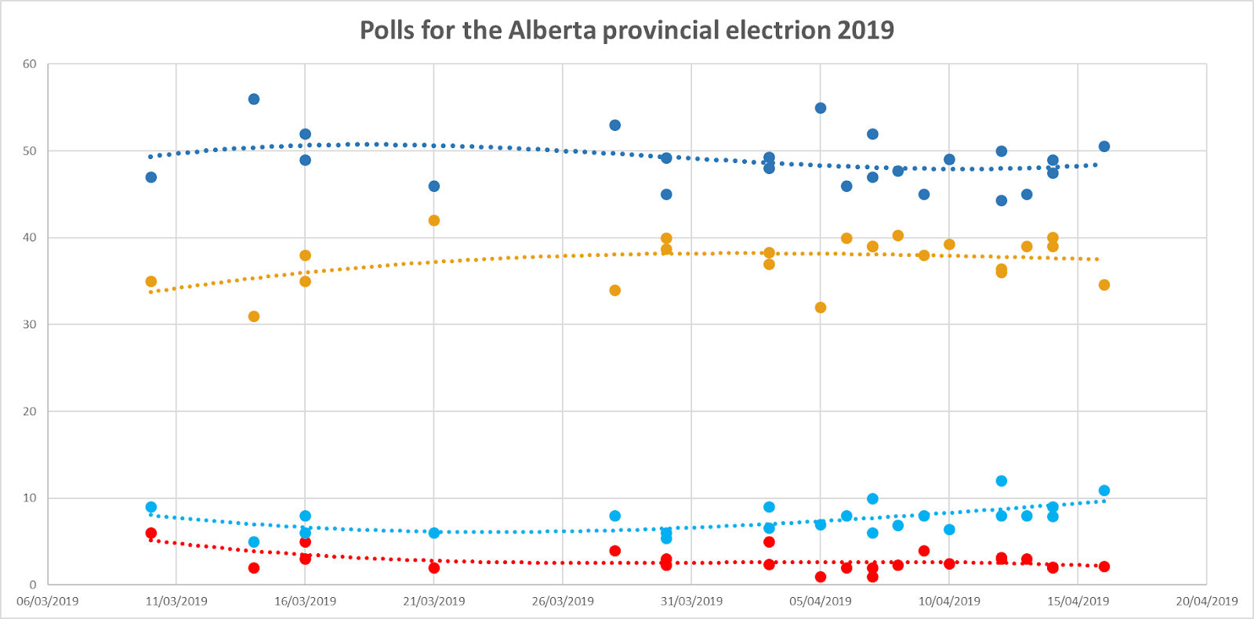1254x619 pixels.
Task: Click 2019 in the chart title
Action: click(865, 30)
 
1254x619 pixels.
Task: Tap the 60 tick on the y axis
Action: click(30, 64)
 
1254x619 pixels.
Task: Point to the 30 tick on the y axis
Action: click(30, 324)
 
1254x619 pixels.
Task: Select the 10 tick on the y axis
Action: click(30, 498)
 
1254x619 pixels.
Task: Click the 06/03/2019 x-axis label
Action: click(48, 601)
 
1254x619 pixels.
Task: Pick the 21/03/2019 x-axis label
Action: click(433, 601)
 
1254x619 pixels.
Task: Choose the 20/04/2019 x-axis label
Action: click(1206, 601)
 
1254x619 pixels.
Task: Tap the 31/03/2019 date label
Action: click(691, 601)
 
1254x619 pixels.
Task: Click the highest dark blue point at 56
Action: click(254, 100)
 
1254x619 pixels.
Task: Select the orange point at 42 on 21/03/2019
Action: click(434, 221)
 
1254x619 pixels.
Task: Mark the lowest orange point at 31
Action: click(254, 317)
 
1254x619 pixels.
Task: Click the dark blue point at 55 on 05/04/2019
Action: click(821, 108)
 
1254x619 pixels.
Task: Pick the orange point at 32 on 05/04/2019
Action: click(821, 308)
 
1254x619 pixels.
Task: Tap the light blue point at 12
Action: click(1002, 481)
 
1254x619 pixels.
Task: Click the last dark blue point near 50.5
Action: click(1104, 147)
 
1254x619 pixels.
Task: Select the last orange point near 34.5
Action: click(1104, 285)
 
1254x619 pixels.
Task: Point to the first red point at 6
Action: click(151, 534)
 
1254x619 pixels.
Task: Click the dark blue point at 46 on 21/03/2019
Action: click(434, 186)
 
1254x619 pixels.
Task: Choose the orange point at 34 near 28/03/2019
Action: click(615, 291)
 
